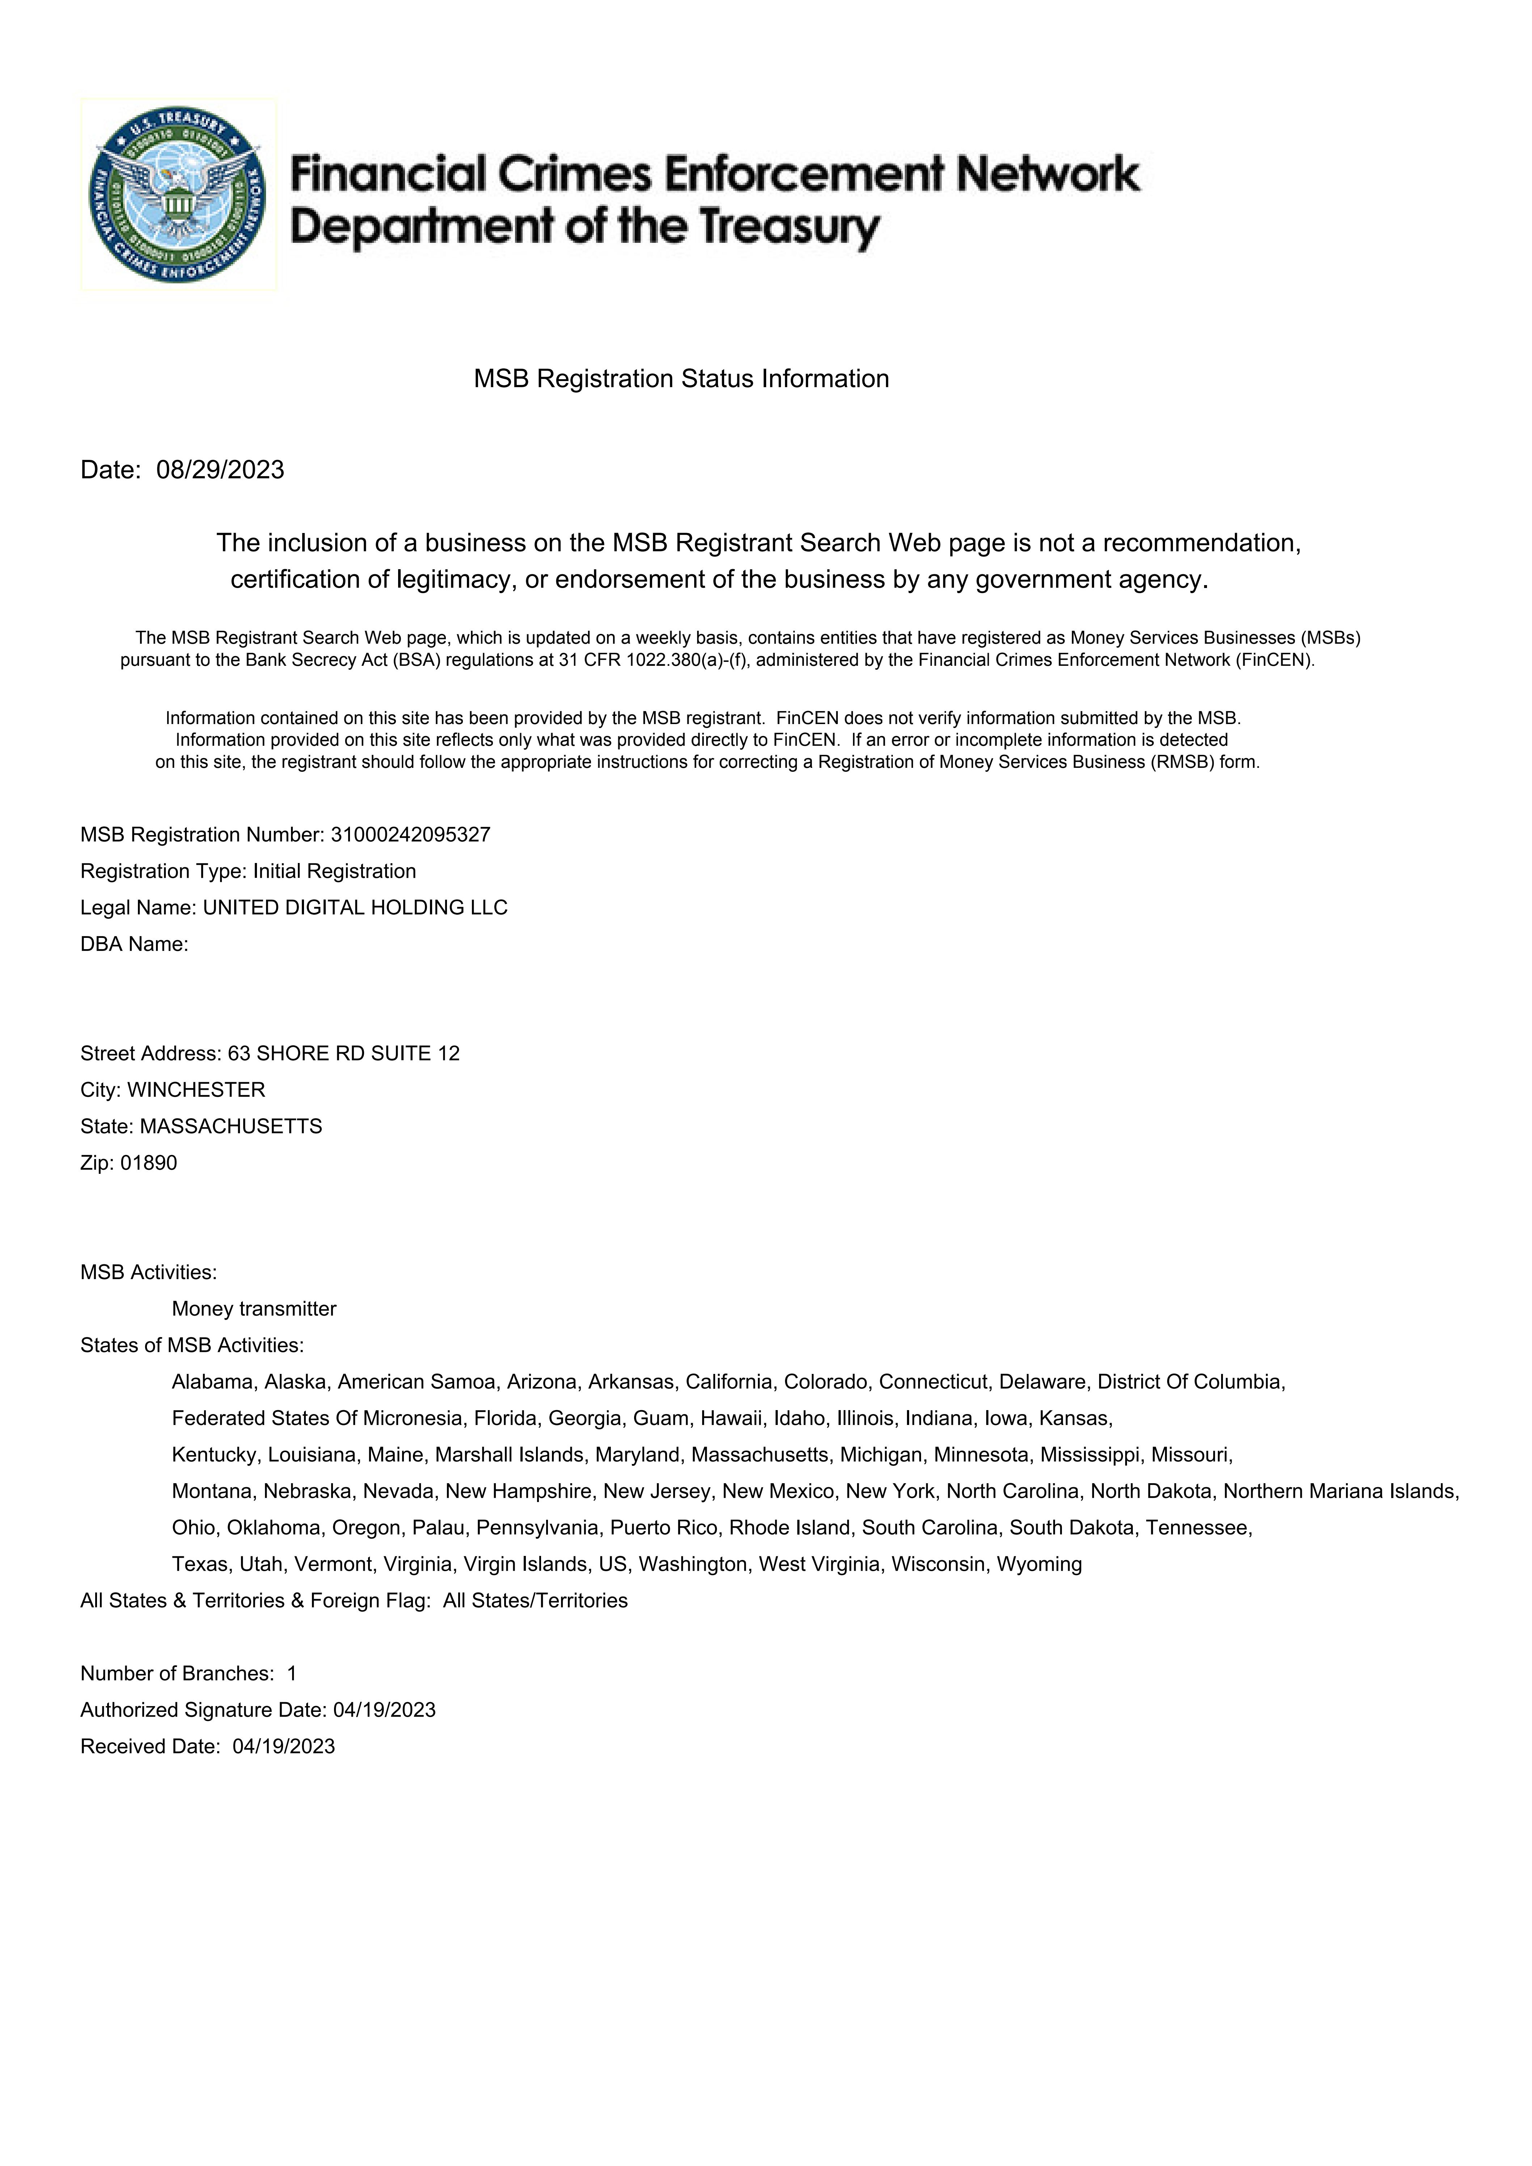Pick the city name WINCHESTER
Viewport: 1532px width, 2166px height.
click(x=196, y=1091)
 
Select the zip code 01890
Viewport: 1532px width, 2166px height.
click(x=149, y=1163)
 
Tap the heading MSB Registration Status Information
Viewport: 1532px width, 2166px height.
click(x=681, y=379)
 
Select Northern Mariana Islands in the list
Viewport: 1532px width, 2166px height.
click(x=1339, y=1492)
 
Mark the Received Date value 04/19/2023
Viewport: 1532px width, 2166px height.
click(x=284, y=1747)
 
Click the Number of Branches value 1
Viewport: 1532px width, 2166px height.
click(x=292, y=1674)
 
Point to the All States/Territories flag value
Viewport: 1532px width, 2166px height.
click(x=535, y=1601)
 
